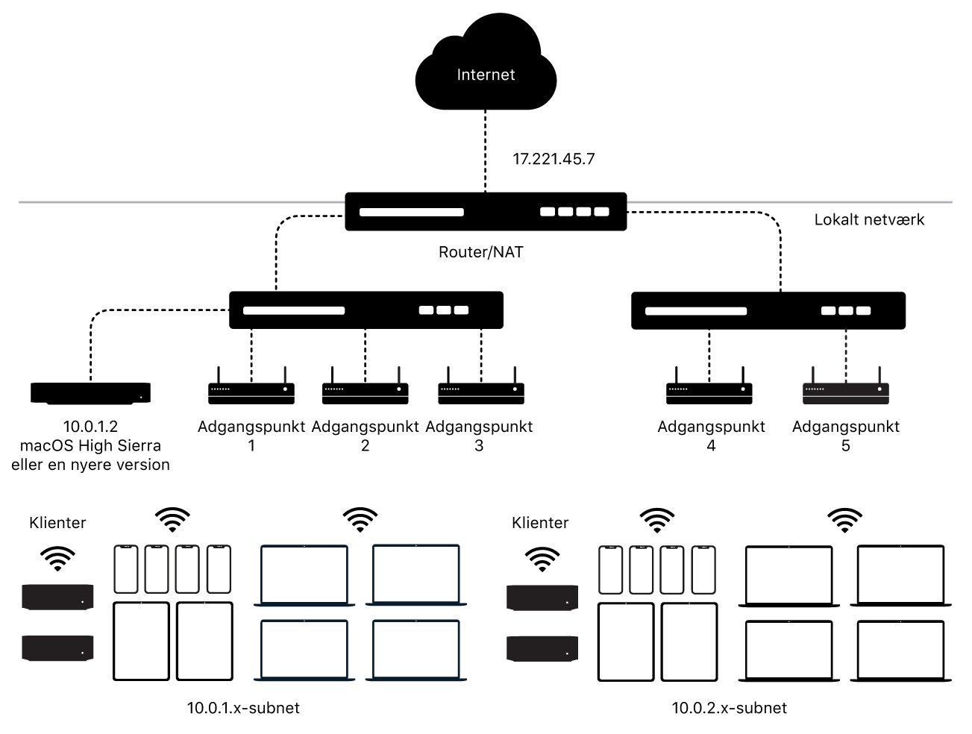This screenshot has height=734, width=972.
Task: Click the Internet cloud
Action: click(x=486, y=71)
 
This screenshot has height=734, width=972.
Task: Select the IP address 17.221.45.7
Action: click(x=553, y=159)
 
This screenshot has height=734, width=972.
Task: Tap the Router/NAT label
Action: click(x=480, y=252)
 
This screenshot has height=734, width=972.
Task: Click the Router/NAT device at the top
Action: click(x=486, y=212)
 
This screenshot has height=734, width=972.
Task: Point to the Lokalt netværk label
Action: click(x=869, y=220)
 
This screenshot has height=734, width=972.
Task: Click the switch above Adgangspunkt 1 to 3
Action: click(x=366, y=310)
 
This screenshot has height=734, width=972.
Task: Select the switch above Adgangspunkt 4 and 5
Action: click(x=768, y=311)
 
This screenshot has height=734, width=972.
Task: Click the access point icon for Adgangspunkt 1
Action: click(x=251, y=389)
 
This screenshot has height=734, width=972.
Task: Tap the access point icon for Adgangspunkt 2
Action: click(x=365, y=389)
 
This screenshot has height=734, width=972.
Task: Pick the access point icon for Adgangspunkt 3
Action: click(x=480, y=389)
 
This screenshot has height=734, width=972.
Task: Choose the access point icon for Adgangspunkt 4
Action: click(x=709, y=389)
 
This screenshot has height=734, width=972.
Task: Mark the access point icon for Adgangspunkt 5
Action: click(x=845, y=389)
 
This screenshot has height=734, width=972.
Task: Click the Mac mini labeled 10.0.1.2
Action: click(x=90, y=392)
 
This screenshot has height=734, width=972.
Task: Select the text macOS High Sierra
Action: click(x=90, y=446)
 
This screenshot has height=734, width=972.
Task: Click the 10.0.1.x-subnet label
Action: click(x=243, y=708)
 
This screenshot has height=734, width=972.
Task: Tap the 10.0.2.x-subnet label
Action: click(x=729, y=708)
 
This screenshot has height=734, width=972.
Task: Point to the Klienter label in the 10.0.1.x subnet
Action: click(x=57, y=523)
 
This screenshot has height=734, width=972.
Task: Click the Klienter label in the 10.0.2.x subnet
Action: click(x=540, y=523)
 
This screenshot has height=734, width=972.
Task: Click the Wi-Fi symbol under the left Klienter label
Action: click(x=57, y=558)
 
